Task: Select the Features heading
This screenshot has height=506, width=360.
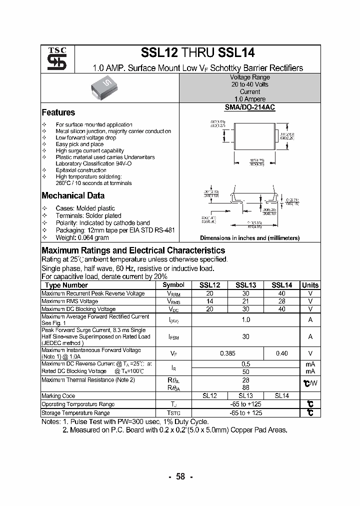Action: pos(58,112)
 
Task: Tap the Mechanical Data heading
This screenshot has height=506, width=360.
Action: pos(73,196)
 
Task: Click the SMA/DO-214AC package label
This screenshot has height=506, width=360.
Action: pos(249,107)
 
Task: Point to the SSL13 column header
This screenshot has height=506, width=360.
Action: pos(245,285)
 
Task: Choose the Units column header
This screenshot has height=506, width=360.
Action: pos(310,285)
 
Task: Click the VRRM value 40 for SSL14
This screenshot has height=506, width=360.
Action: pos(281,293)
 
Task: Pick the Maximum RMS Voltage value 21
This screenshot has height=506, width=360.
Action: pos(245,301)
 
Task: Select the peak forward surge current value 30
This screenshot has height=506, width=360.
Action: pos(245,337)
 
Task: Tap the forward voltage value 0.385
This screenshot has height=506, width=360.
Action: pos(227,353)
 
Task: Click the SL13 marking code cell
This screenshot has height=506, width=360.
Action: pos(245,395)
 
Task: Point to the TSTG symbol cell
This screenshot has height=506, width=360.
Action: pos(173,413)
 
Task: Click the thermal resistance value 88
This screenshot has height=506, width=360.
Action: pos(245,387)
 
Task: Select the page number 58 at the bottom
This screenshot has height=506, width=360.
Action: pos(180,476)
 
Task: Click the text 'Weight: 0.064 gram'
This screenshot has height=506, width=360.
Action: pos(82,238)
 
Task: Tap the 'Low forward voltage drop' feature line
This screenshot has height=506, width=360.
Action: pos(85,137)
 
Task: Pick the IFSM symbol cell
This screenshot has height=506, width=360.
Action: pos(173,337)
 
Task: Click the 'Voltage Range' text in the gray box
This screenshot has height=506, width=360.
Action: pos(249,77)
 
